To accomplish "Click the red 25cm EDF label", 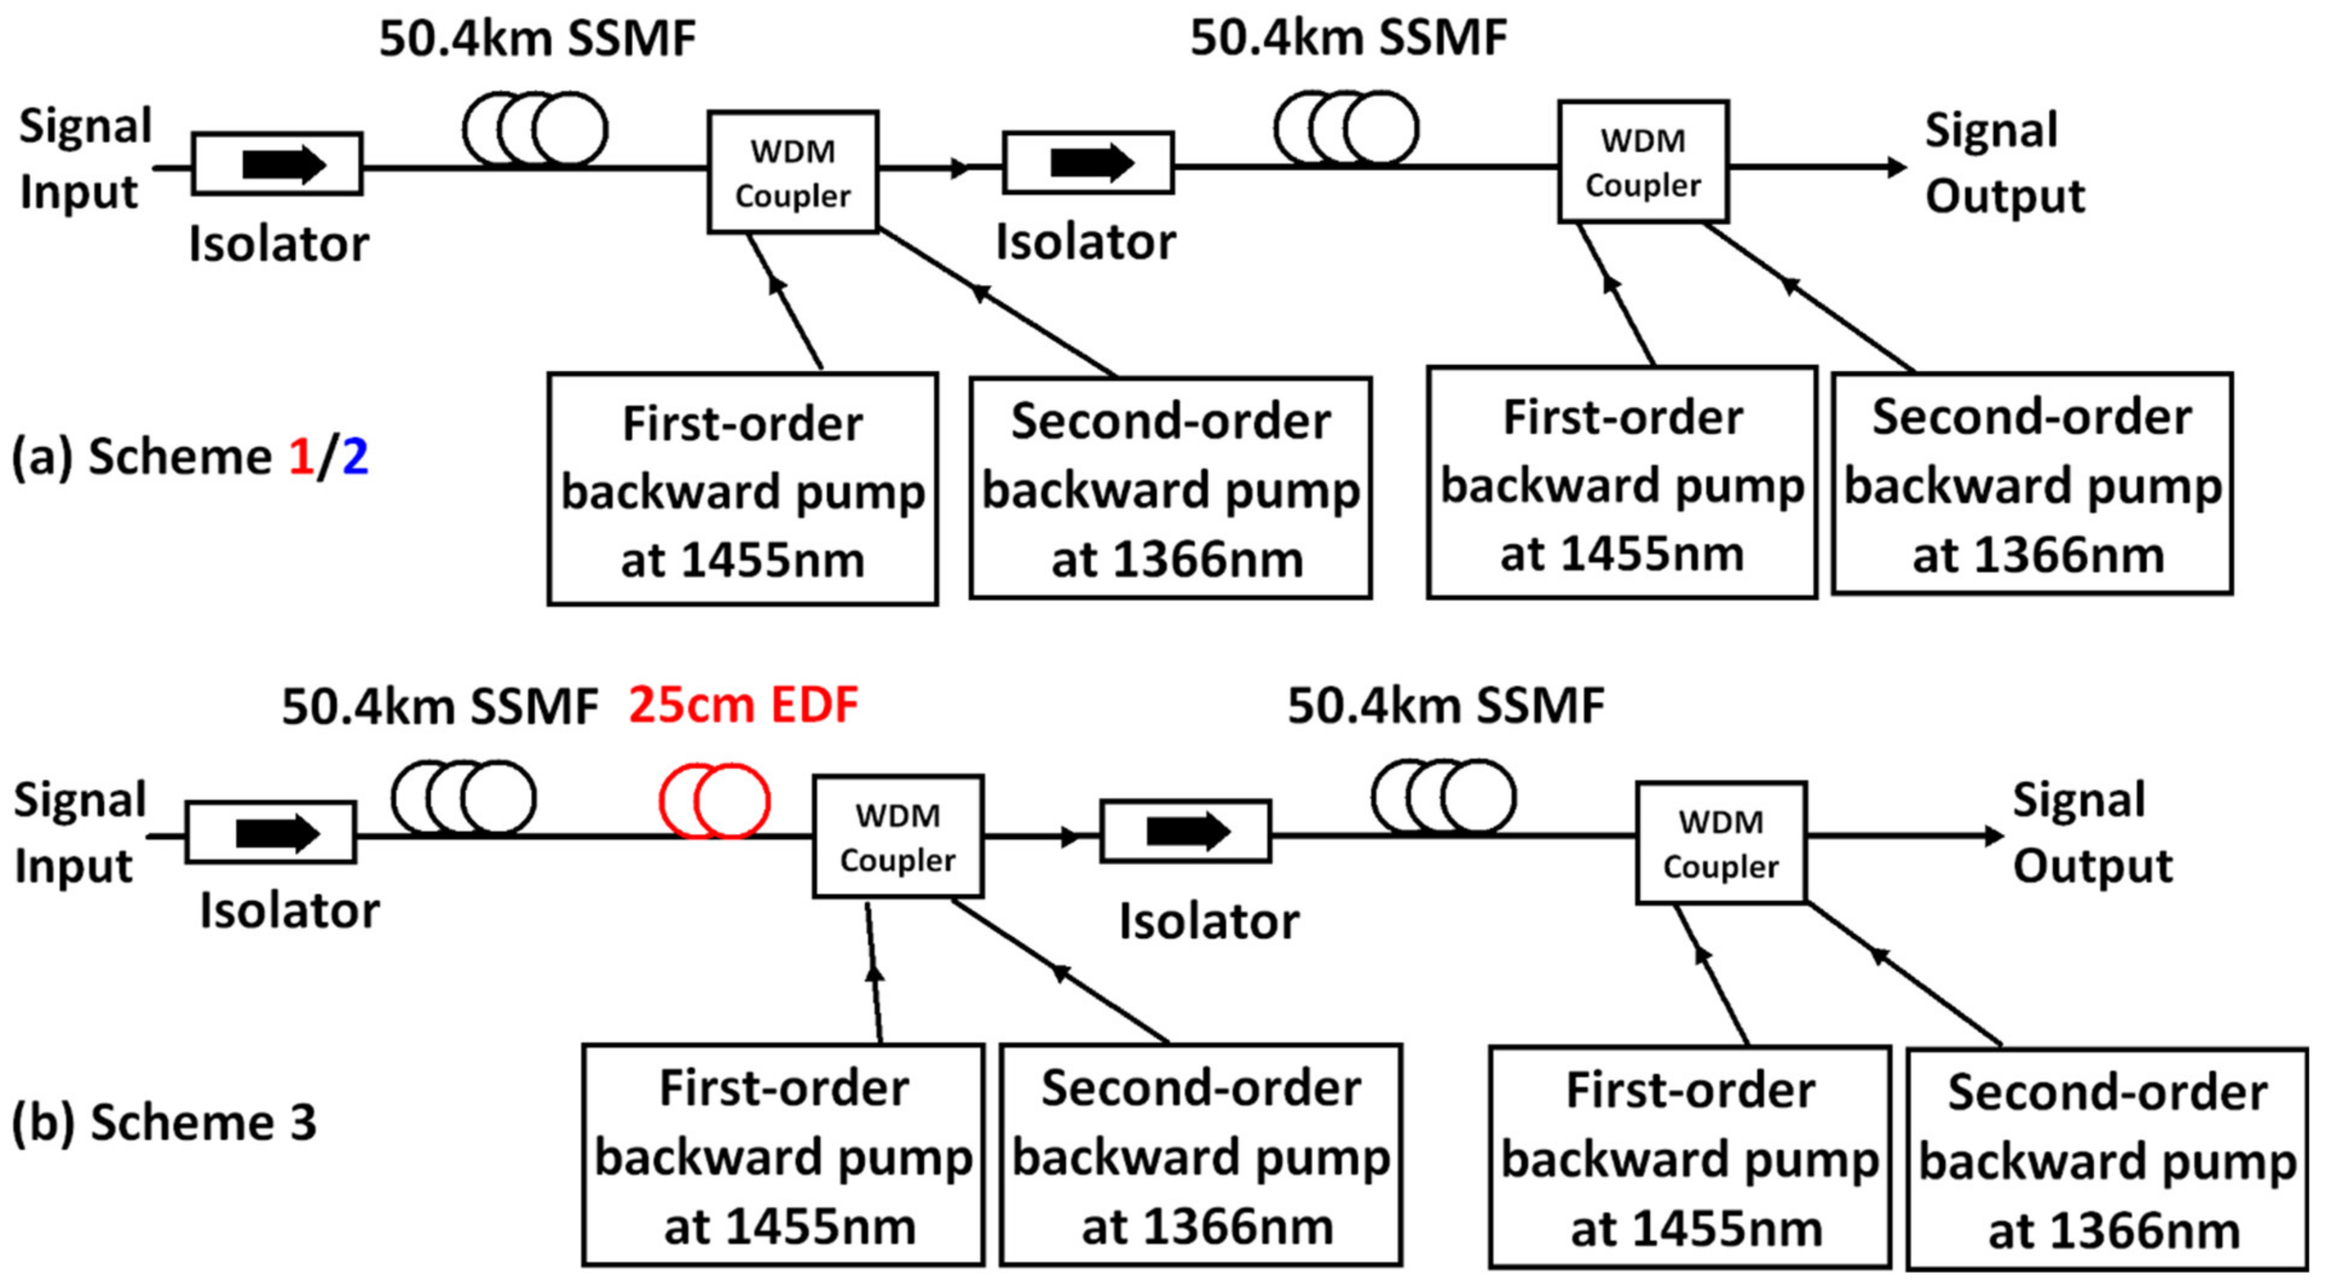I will (x=743, y=705).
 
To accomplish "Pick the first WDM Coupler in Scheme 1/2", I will (x=792, y=172).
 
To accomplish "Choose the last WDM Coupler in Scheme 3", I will (x=1720, y=843).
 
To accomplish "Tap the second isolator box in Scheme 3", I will (x=1185, y=831).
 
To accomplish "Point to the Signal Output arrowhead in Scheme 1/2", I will (x=1896, y=167).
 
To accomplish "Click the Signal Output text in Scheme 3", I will (x=2092, y=832).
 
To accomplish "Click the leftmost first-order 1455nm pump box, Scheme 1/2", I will (x=742, y=489).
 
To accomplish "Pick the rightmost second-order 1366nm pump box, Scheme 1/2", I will (x=2032, y=484).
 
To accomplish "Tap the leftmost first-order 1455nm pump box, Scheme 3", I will (x=783, y=1155).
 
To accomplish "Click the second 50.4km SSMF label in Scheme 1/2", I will (x=1348, y=38).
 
